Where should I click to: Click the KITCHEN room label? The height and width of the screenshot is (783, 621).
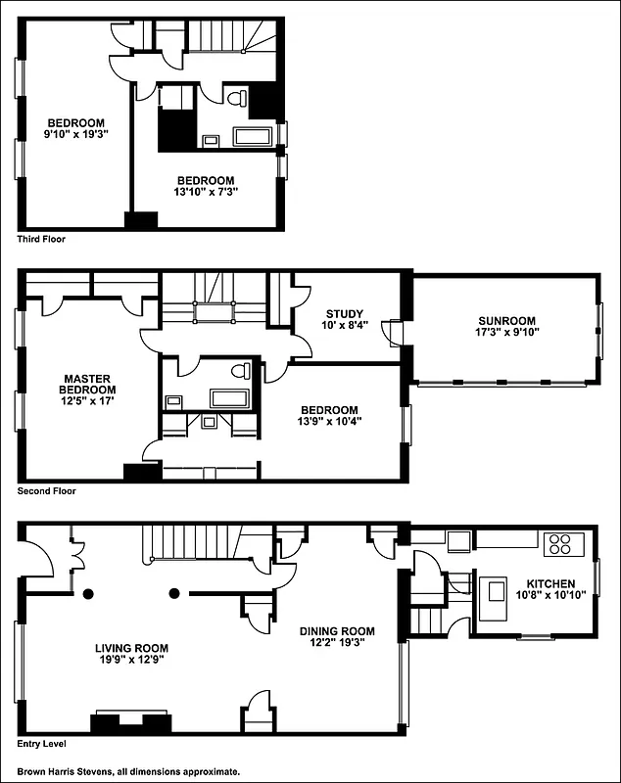[x=550, y=584]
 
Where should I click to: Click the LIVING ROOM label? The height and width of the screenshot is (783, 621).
[x=131, y=648]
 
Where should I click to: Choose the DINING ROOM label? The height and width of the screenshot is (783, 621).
[x=337, y=631]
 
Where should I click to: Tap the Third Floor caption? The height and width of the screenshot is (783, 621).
[x=42, y=239]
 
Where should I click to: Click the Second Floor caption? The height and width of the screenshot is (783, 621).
[x=46, y=491]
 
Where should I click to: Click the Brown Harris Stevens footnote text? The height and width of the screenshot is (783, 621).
[x=127, y=771]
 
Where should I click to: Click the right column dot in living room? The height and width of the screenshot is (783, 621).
[x=174, y=592]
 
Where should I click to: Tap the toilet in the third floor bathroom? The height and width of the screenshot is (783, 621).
[x=237, y=99]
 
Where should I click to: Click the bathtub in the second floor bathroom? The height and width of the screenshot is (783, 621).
[x=229, y=398]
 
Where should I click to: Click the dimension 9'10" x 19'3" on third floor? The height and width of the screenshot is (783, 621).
[x=76, y=135]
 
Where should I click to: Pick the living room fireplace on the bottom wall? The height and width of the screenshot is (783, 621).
[x=131, y=723]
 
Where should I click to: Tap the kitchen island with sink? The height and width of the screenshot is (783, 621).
[x=496, y=593]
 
